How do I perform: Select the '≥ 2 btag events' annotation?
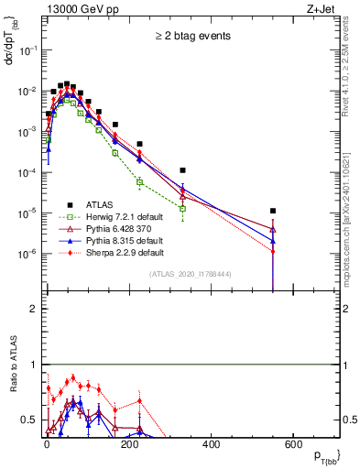coord(191,36)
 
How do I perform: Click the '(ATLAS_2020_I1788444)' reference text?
coord(191,274)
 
